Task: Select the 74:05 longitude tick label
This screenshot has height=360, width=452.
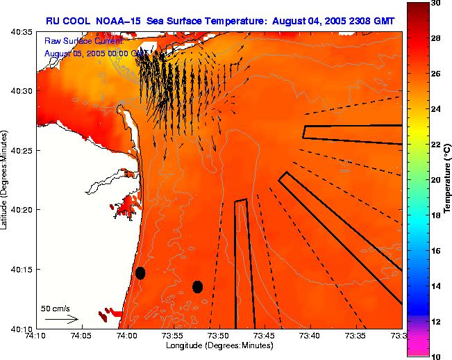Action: (81, 336)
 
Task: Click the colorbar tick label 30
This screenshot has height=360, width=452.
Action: (435, 3)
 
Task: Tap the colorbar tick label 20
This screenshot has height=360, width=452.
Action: (435, 180)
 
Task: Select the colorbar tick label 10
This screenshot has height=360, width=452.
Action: (435, 356)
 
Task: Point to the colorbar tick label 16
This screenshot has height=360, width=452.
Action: (435, 250)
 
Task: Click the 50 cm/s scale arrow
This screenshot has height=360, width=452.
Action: (61, 319)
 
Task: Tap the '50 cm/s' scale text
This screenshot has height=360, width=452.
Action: (55, 308)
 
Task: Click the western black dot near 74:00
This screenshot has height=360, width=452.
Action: (140, 272)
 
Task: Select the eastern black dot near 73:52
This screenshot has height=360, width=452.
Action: (197, 286)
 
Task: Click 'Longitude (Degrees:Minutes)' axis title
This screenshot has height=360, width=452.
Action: (220, 345)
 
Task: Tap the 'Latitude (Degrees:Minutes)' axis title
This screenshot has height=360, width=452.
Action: (6, 179)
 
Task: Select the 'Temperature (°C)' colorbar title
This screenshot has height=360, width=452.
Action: (448, 179)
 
